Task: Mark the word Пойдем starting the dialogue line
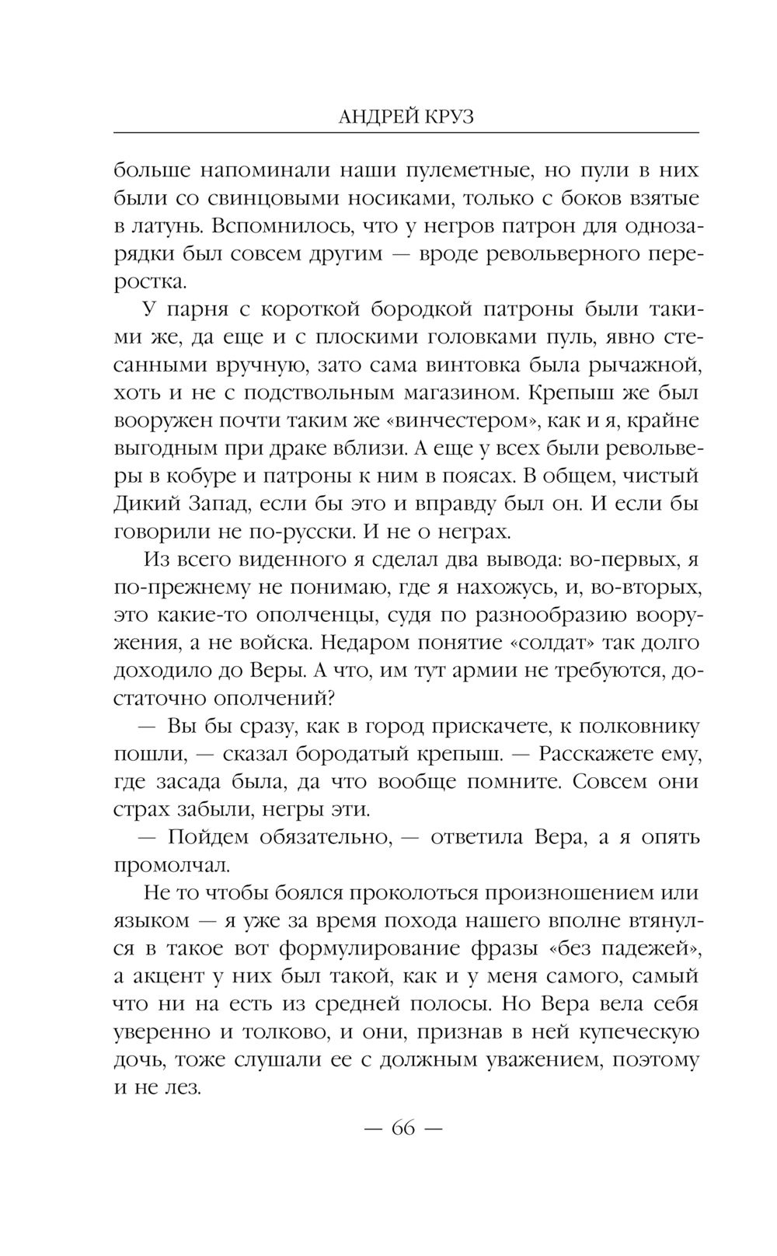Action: (215, 837)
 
